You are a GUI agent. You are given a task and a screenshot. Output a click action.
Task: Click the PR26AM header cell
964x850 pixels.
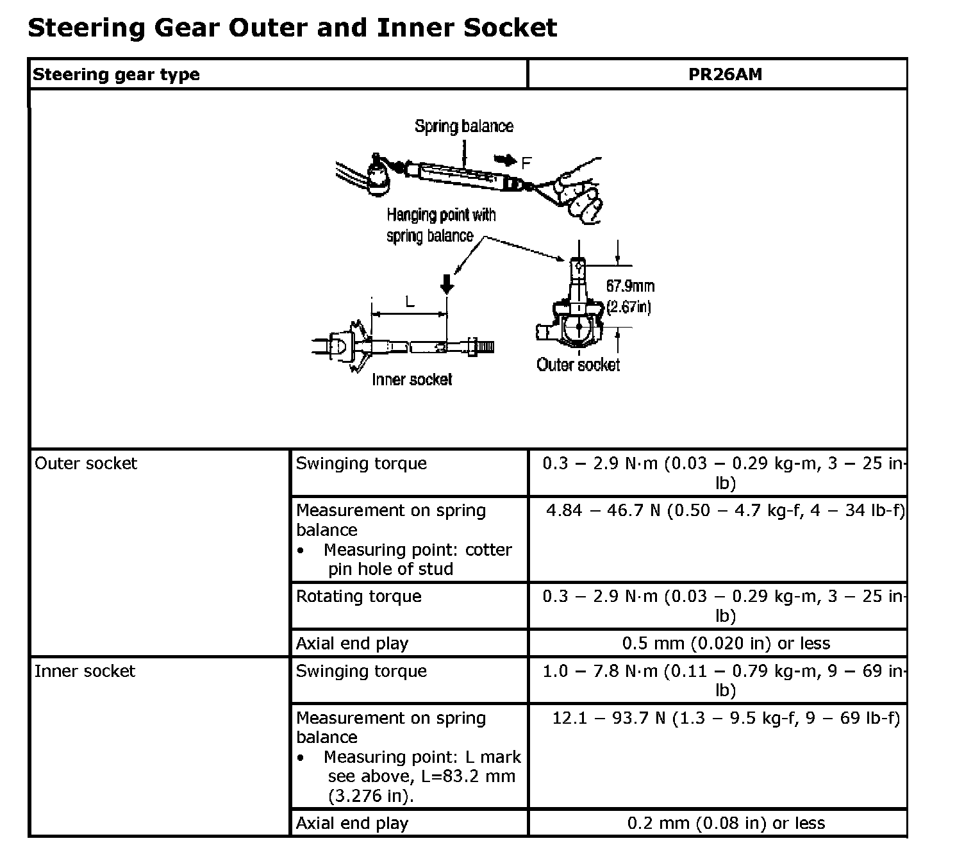[725, 74]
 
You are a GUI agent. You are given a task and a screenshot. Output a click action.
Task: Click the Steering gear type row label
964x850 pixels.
[116, 74]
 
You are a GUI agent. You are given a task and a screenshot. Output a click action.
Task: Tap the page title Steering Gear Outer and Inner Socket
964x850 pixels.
[292, 28]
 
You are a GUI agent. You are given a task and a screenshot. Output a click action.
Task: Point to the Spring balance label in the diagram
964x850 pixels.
[463, 126]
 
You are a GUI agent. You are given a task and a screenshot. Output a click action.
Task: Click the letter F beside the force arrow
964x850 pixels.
[526, 163]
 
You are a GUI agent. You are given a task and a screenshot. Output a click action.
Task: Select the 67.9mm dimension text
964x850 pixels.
[630, 286]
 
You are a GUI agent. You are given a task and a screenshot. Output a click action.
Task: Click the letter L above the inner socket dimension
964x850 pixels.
[410, 301]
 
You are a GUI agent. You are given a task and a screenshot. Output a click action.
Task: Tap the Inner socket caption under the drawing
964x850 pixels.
[411, 379]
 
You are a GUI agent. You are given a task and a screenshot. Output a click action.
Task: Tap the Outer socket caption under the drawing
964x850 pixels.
[578, 365]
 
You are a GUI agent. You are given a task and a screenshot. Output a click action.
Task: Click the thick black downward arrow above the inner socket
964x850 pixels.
[447, 282]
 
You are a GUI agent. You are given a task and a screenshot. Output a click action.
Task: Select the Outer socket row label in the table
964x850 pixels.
[86, 463]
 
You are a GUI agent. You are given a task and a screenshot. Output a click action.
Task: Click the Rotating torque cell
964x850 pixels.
[358, 596]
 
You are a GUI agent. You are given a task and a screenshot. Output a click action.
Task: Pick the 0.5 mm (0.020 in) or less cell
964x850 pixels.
[726, 643]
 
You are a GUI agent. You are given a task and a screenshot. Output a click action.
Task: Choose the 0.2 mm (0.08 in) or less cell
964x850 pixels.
[726, 823]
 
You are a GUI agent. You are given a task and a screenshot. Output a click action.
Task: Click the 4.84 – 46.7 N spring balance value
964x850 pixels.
[725, 511]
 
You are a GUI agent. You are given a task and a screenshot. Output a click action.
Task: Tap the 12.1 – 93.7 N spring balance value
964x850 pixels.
[726, 718]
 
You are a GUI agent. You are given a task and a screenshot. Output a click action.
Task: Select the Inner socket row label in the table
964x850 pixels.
[85, 671]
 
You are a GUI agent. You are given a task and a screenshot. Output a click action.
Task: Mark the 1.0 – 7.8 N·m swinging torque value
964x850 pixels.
[725, 680]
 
